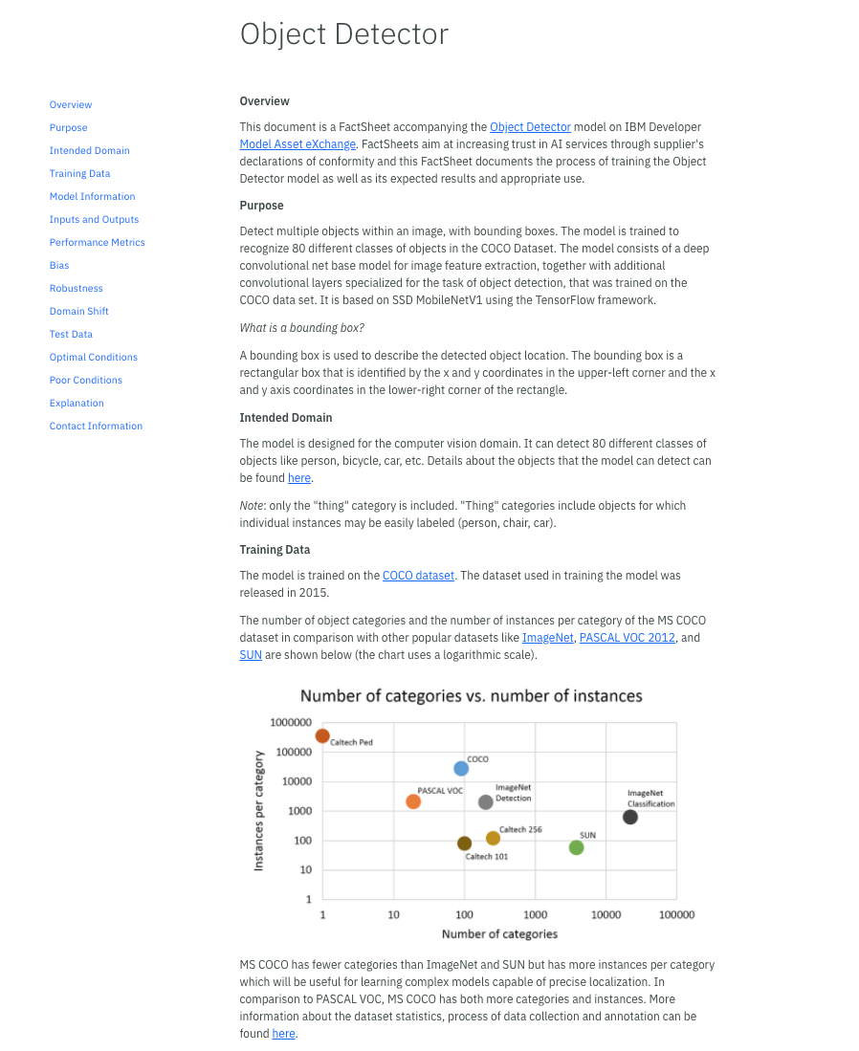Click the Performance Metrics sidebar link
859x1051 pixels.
(98, 243)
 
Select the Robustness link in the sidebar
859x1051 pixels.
(77, 289)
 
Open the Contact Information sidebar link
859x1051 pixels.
(96, 427)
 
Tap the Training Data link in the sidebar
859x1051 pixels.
(80, 174)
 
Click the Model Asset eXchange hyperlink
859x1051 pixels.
(297, 144)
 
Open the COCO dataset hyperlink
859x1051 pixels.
(418, 576)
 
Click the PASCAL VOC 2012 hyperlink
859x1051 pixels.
(628, 638)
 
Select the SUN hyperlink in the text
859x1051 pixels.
(251, 655)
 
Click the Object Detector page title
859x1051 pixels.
(344, 34)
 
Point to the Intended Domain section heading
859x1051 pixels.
(286, 418)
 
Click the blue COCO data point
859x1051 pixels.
(461, 768)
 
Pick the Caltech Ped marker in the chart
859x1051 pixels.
(322, 735)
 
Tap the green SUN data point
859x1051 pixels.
(576, 847)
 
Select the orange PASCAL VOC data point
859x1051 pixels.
(413, 801)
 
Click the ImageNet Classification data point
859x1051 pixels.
(630, 817)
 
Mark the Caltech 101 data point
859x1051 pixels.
(464, 843)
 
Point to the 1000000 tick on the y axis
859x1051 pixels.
(289, 723)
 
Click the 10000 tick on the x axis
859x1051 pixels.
(606, 915)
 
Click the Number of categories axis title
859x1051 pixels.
(499, 934)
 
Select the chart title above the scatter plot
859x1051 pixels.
(471, 696)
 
